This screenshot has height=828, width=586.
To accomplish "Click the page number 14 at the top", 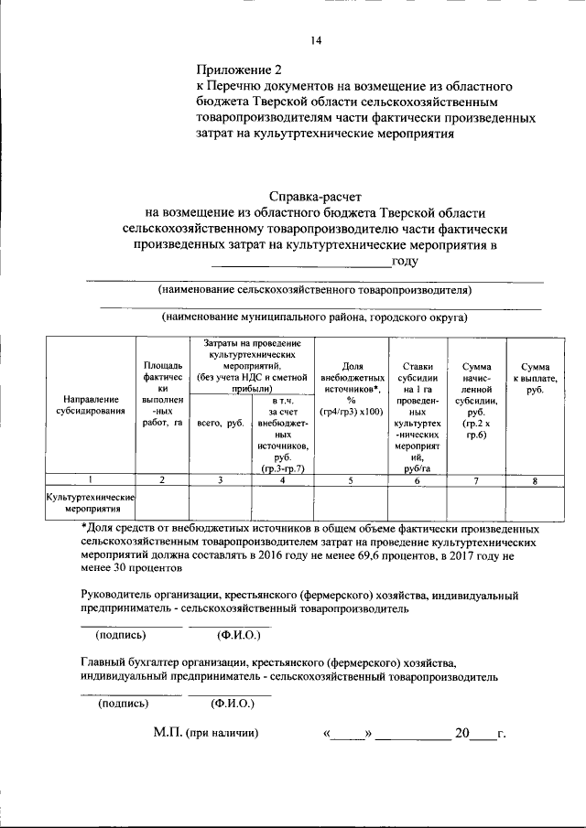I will click(x=316, y=40).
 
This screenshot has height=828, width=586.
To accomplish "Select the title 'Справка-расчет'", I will click(x=315, y=196).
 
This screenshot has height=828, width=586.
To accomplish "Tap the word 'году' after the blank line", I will click(x=405, y=262).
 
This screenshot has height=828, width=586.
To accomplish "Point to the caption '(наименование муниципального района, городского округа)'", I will click(x=315, y=317).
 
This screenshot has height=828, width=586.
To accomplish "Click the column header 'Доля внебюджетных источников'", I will click(x=352, y=391).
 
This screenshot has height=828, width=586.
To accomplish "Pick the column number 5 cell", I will click(x=351, y=479).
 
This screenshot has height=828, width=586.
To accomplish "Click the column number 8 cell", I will click(x=535, y=479).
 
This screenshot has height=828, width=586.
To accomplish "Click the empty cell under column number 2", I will click(x=162, y=502).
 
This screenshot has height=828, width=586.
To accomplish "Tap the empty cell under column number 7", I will click(x=476, y=502).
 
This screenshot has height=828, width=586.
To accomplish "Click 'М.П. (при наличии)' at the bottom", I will click(x=206, y=734).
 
